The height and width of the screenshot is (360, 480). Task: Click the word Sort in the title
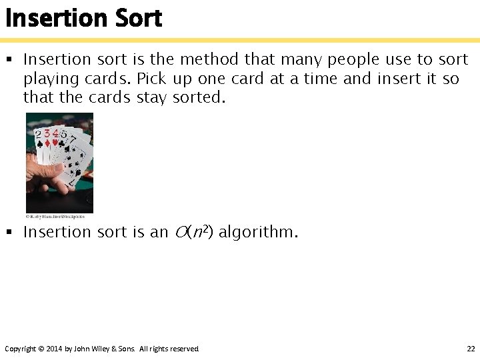click(139, 18)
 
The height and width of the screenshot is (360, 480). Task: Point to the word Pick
click(151, 78)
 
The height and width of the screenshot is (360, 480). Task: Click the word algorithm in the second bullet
click(258, 232)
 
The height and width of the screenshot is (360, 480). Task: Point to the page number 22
click(471, 349)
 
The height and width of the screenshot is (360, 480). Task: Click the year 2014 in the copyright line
click(53, 349)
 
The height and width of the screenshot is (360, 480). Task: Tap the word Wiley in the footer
click(106, 349)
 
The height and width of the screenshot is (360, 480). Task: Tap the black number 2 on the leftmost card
click(39, 135)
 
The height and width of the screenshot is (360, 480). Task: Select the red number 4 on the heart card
click(55, 133)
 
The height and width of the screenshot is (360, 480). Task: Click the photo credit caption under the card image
click(55, 216)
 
